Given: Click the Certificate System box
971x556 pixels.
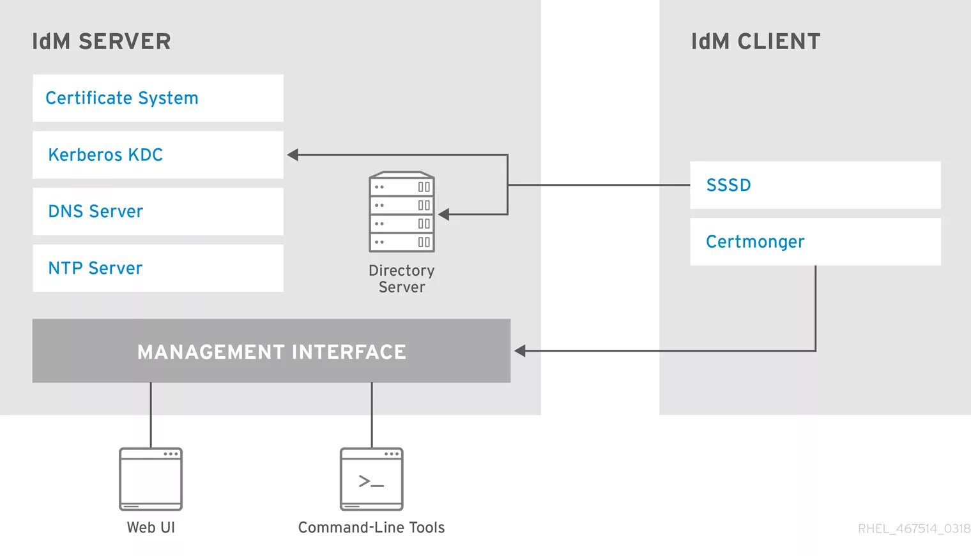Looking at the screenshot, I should pyautogui.click(x=158, y=98).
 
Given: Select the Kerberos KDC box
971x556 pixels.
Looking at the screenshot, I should pyautogui.click(x=158, y=154).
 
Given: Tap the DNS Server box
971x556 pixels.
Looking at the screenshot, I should pyautogui.click(x=158, y=211).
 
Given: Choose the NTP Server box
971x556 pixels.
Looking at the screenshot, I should pyautogui.click(x=158, y=268).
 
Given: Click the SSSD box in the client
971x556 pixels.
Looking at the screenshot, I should pyautogui.click(x=815, y=185).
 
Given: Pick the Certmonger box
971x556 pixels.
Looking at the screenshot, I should pyautogui.click(x=815, y=242).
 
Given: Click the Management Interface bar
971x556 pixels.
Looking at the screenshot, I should pyautogui.click(x=271, y=351).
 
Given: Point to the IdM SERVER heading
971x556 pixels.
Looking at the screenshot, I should pyautogui.click(x=102, y=42).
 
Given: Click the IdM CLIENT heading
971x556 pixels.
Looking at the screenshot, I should pyautogui.click(x=756, y=42).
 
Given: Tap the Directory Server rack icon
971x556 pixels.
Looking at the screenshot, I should pyautogui.click(x=402, y=212).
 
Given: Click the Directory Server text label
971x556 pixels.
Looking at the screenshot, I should pyautogui.click(x=402, y=279).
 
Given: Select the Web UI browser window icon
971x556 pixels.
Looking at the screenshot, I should pyautogui.click(x=151, y=479).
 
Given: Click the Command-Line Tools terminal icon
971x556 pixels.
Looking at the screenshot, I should pyautogui.click(x=372, y=479).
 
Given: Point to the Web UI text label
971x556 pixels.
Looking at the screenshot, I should pyautogui.click(x=151, y=528).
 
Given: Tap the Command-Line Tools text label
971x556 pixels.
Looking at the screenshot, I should pyautogui.click(x=371, y=528).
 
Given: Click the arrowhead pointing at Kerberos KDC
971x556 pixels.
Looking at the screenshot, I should pyautogui.click(x=293, y=154).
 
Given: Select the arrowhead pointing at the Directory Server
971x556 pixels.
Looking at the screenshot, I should pyautogui.click(x=444, y=214).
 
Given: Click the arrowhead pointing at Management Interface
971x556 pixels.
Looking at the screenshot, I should pyautogui.click(x=520, y=350).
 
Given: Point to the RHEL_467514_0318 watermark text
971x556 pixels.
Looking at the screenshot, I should pyautogui.click(x=914, y=529).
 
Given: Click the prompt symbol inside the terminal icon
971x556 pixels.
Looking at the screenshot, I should pyautogui.click(x=371, y=481).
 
